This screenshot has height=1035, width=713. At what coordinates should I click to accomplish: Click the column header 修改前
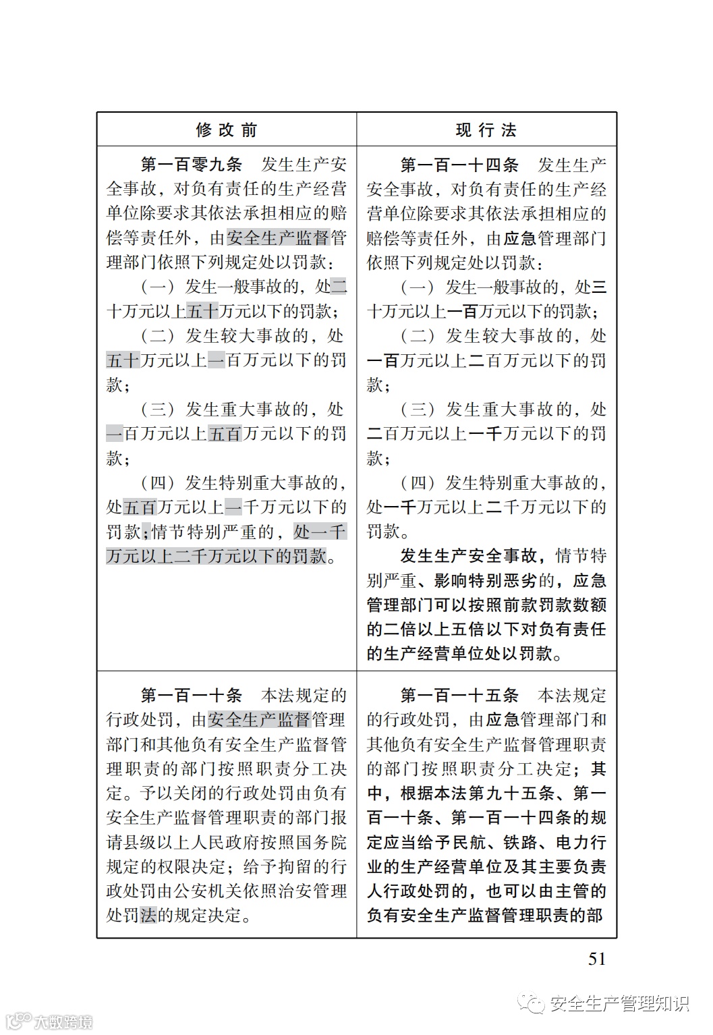click(x=226, y=130)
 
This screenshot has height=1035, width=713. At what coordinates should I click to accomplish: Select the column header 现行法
click(x=486, y=130)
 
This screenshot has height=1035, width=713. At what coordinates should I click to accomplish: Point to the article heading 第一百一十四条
click(x=459, y=165)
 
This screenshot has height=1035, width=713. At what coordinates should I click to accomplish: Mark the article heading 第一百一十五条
click(x=459, y=695)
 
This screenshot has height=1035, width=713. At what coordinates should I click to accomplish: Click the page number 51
click(x=597, y=959)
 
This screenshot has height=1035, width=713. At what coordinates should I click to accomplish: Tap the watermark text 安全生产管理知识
click(x=620, y=1004)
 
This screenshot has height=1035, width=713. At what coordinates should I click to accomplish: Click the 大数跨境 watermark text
click(x=64, y=1022)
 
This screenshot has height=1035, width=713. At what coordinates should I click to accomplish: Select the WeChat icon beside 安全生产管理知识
click(x=536, y=1005)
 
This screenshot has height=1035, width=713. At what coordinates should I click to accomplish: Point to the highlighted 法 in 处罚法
click(x=148, y=916)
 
